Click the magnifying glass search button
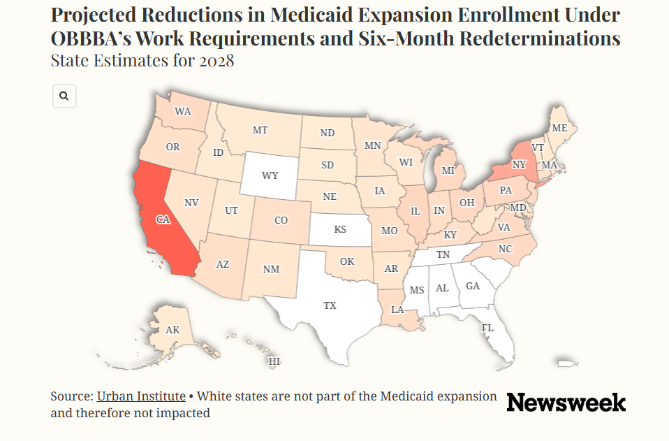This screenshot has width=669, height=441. coord(64,96)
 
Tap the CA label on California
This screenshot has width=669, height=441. coord(163,219)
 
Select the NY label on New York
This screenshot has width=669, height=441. coord(519,164)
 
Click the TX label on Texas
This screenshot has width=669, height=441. coord(330,305)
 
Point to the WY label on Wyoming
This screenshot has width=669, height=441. coord(270,175)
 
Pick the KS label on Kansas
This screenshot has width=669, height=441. coord(340,229)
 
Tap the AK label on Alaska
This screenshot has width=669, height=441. coord(172,330)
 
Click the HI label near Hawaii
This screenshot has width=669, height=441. coord(274,361)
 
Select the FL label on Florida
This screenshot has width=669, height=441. coord(487,328)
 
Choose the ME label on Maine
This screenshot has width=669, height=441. coord(559,128)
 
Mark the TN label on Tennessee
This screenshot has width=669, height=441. coord(443,254)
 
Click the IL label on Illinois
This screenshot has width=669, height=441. coord(415,211)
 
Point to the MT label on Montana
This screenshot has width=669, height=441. coord(260,130)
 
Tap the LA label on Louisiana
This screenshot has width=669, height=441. coord(397,310)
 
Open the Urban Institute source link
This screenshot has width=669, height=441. coord(141,396)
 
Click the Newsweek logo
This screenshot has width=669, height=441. coord(566,402)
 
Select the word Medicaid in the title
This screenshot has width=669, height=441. coord(311,15)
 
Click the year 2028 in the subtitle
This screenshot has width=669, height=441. coord(216,60)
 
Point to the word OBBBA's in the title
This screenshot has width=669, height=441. coord(91,38)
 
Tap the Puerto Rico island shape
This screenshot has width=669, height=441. coord(568,363)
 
